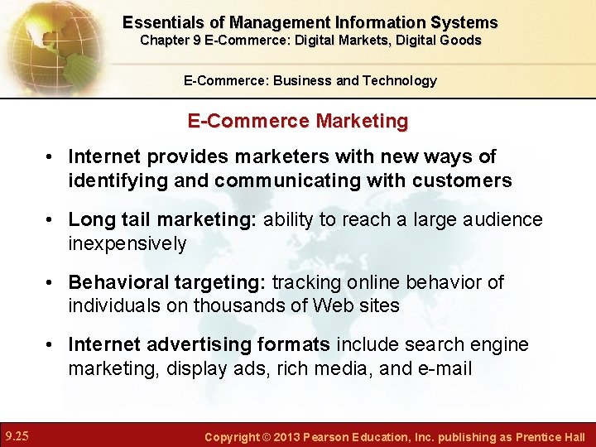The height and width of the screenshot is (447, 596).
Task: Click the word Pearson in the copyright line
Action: click(339, 436)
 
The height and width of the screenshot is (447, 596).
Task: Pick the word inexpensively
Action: click(127, 243)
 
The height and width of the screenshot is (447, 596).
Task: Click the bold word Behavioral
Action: click(118, 282)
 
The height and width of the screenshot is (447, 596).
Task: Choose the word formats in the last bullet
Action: click(294, 344)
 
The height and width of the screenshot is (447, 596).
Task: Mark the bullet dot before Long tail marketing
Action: click(50, 220)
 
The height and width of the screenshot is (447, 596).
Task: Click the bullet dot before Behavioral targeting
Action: click(50, 283)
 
